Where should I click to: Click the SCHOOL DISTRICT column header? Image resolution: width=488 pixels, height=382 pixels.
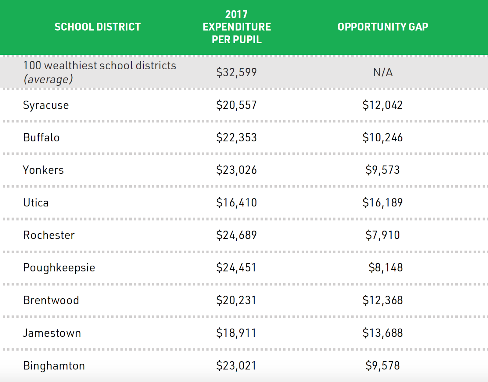(98, 27)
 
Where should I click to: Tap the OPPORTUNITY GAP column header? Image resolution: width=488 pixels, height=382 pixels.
(383, 27)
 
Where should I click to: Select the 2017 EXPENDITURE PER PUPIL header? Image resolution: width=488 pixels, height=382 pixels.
(237, 27)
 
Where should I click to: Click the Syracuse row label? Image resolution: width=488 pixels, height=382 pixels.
(46, 105)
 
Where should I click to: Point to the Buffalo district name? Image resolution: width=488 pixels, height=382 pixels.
(41, 137)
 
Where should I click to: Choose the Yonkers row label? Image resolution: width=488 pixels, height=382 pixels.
(44, 170)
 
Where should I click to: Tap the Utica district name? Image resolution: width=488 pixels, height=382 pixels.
(36, 203)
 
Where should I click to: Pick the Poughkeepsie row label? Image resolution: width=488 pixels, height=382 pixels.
(59, 267)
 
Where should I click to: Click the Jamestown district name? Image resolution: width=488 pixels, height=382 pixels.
(52, 333)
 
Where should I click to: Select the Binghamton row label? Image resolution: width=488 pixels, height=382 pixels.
(54, 366)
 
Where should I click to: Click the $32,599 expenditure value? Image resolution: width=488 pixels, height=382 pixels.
(236, 72)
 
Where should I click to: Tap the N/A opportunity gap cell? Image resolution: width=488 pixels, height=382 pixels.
(383, 72)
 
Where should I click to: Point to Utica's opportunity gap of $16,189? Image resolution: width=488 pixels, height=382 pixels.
(382, 203)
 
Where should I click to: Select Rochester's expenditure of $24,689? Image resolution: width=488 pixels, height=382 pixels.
(236, 235)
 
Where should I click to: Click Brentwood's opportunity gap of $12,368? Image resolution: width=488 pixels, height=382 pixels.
(382, 300)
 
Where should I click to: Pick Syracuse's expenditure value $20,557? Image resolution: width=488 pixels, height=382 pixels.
(236, 105)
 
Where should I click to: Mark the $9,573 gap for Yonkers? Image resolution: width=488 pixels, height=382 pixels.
(382, 170)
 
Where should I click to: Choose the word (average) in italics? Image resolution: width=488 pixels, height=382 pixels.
(48, 79)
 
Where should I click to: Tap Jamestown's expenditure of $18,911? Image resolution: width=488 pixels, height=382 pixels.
(236, 333)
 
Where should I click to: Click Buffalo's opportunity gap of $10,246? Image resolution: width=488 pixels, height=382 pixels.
(382, 137)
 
